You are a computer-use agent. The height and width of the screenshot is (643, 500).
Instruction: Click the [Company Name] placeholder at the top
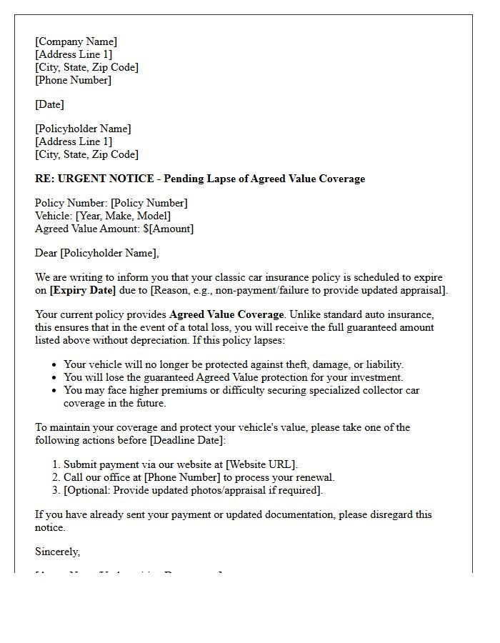76,41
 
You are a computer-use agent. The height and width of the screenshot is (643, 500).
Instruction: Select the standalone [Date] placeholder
49,104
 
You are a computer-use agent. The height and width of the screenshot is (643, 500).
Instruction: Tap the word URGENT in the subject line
79,179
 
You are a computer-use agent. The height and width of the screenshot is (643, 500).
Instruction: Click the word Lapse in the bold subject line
221,179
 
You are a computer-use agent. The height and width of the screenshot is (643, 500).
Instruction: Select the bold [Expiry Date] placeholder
82,290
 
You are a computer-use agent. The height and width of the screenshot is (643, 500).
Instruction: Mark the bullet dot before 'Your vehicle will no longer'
54,365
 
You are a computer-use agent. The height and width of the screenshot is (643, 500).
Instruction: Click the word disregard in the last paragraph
401,514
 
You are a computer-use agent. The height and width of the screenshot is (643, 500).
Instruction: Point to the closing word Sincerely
57,552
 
